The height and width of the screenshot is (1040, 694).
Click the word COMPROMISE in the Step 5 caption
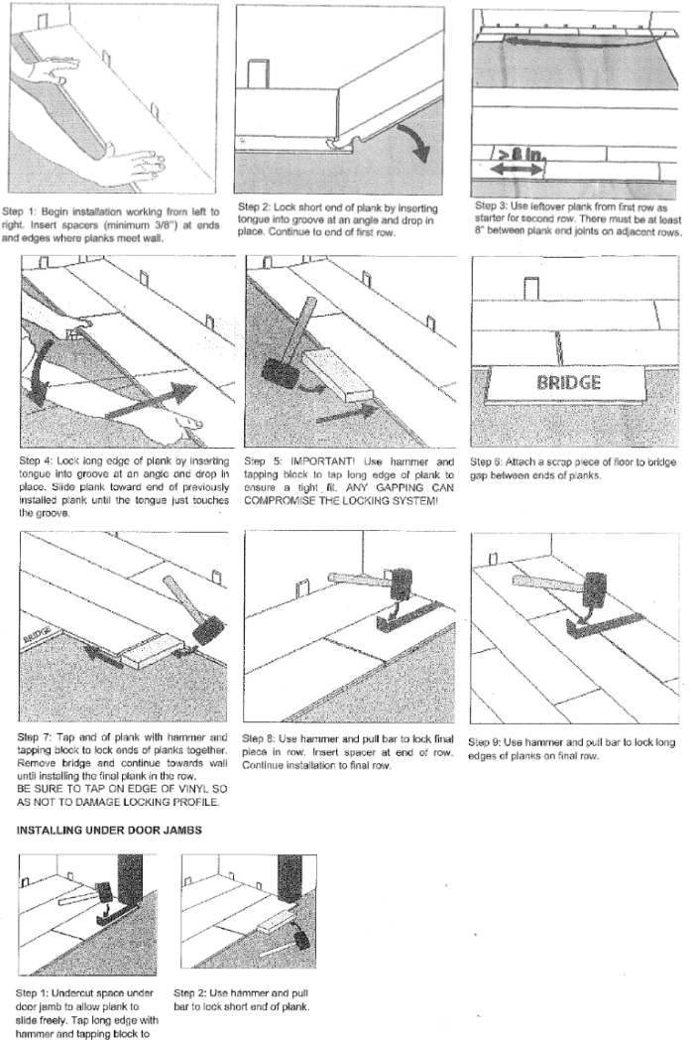[x=288, y=500]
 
